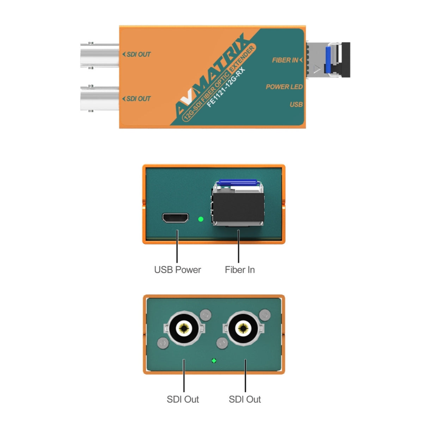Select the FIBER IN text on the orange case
coord(285,60)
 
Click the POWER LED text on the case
coord(284,87)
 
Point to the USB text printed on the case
coord(296,104)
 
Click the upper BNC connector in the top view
coord(99,55)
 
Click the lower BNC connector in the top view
coord(99,99)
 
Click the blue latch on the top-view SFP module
coord(328,60)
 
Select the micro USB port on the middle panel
coord(175,218)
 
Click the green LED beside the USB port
coord(201,219)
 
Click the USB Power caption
coord(177,270)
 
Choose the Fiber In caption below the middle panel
coord(240,270)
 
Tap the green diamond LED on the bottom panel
coord(214,361)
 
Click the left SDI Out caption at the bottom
coord(183,399)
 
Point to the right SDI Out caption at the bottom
coord(245,399)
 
